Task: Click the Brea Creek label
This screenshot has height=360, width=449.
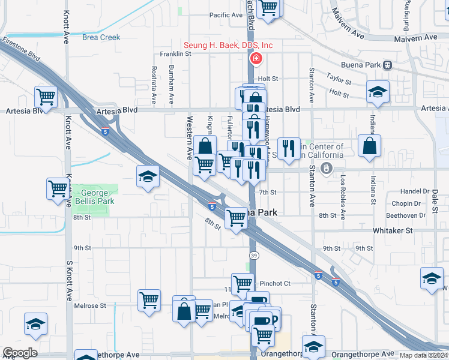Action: (101, 37)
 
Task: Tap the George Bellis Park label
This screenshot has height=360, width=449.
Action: (94, 197)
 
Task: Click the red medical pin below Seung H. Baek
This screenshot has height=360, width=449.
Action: (256, 58)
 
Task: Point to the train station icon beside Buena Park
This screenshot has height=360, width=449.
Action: (388, 65)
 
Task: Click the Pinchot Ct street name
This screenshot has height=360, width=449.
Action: (275, 283)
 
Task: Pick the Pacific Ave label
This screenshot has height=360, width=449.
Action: (226, 15)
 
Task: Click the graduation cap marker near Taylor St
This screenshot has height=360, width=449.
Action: (378, 91)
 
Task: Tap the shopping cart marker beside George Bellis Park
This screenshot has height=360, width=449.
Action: (58, 188)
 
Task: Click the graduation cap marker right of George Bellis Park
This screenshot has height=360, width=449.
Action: (148, 176)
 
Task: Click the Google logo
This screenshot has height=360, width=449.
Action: (20, 353)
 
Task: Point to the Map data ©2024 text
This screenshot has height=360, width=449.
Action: (423, 355)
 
